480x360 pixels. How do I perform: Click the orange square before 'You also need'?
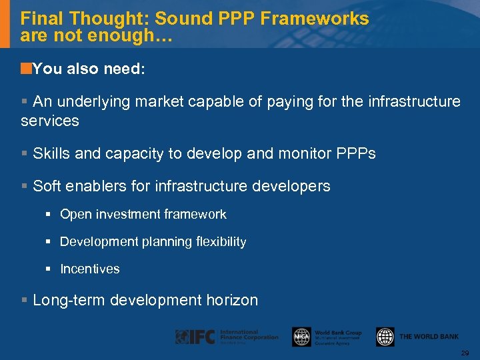tap(26, 68)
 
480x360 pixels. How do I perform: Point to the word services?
tap(50, 121)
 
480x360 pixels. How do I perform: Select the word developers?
tap(294, 186)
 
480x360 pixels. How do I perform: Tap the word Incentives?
tap(90, 269)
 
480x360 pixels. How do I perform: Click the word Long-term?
tap(69, 300)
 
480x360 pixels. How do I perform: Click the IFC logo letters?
tap(196, 337)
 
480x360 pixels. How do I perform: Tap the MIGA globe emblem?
tap(301, 337)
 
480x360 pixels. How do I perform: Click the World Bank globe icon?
tap(385, 337)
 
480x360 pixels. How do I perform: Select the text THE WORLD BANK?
tap(429, 337)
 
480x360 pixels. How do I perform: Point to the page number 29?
tap(465, 352)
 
